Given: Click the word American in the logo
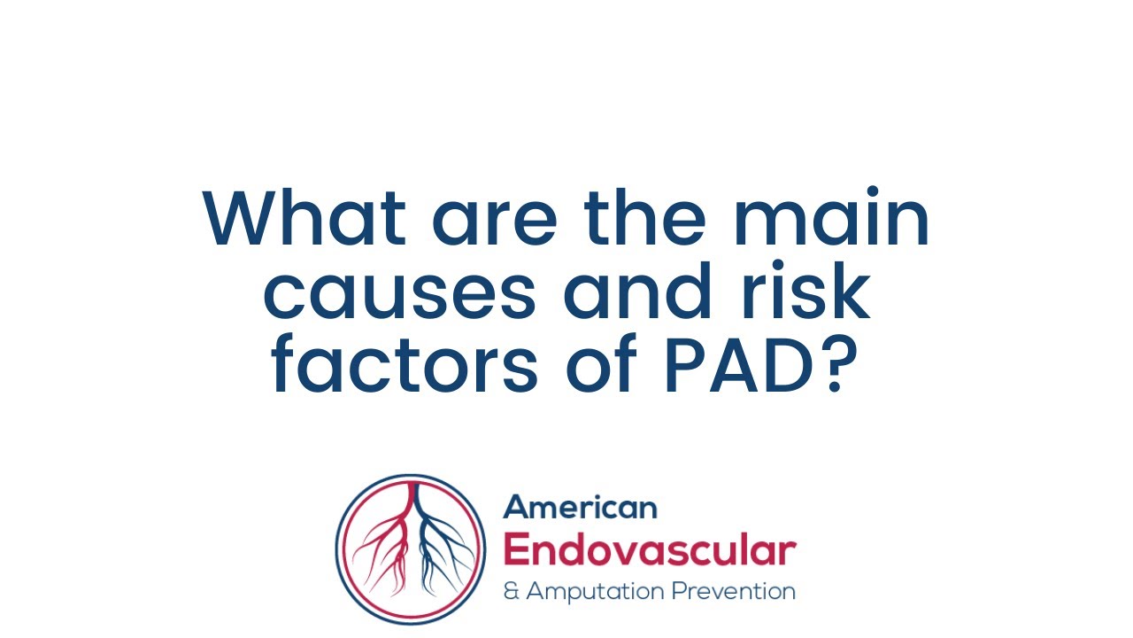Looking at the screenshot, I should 580,508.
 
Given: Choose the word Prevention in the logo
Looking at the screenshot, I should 733,591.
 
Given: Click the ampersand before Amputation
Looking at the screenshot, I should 511,591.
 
